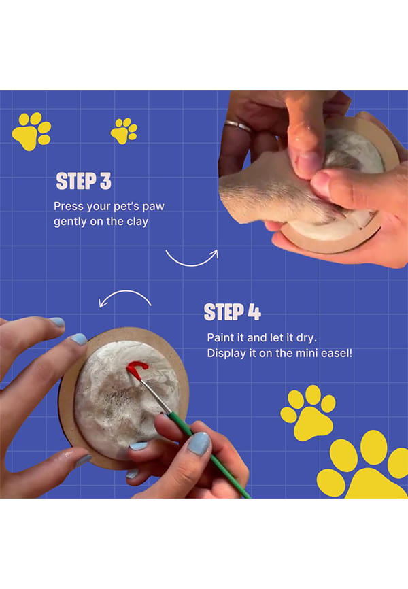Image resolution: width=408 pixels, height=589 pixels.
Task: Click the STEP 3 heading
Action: (x=84, y=181)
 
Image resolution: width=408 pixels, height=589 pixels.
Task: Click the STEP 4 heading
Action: (x=232, y=312)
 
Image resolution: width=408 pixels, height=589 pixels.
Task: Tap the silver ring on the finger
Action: (x=237, y=126)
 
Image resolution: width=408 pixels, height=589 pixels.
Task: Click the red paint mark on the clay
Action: (x=137, y=369)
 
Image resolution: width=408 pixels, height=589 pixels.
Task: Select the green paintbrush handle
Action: (x=208, y=454)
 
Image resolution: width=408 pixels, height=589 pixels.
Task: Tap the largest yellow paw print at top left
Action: (x=31, y=131)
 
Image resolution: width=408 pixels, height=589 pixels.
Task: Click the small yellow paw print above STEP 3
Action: (x=124, y=131)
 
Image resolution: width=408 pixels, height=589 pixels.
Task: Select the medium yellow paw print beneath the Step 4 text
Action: (x=309, y=413)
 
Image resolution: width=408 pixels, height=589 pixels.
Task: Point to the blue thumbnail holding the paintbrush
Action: (x=199, y=443)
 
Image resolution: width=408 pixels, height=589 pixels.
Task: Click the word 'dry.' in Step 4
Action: (x=307, y=338)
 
